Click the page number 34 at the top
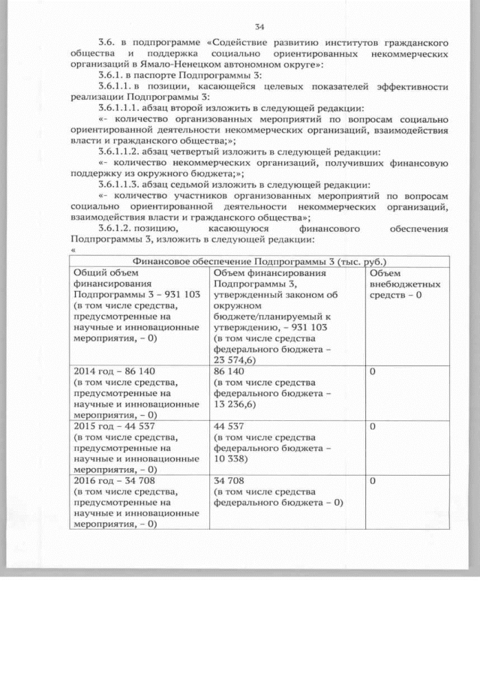pos(259,26)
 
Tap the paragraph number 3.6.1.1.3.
pos(118,185)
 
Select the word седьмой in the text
pos(189,185)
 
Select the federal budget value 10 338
pos(232,458)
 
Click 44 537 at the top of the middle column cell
pos(229,425)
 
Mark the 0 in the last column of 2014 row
pos(373,371)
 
